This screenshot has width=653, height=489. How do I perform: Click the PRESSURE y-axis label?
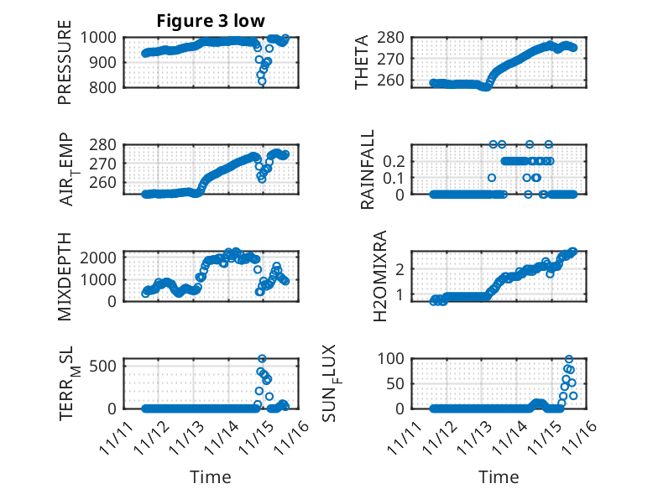pyautogui.click(x=65, y=68)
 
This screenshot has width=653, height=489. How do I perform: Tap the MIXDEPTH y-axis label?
pyautogui.click(x=65, y=276)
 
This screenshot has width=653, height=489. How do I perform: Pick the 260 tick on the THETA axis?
pyautogui.click(x=397, y=81)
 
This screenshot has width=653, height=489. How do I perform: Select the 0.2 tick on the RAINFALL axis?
pyautogui.click(x=394, y=160)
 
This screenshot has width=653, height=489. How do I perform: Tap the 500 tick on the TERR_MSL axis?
pyautogui.click(x=108, y=366)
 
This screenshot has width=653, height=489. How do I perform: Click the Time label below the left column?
pyautogui.click(x=210, y=477)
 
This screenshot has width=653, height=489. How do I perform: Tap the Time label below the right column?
pyautogui.click(x=499, y=477)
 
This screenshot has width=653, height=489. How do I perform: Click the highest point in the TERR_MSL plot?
pyautogui.click(x=262, y=359)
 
